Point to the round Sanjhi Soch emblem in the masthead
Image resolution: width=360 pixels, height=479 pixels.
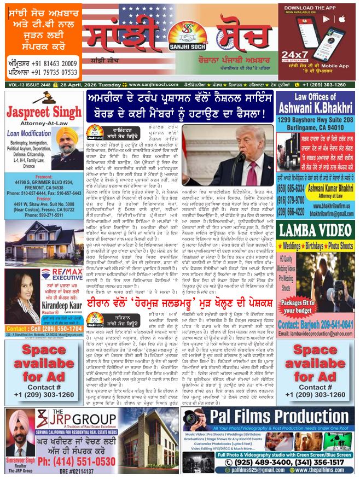[180, 39]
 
